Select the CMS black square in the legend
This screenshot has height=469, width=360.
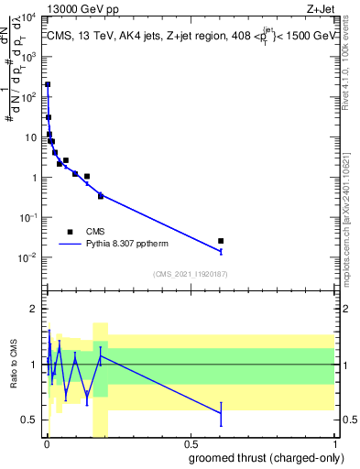[70, 232]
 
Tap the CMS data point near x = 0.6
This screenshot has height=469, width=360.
[221, 241]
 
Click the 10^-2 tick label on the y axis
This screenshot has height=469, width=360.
[27, 257]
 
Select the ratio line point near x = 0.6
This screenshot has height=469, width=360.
[221, 413]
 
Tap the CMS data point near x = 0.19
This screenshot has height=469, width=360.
[101, 196]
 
